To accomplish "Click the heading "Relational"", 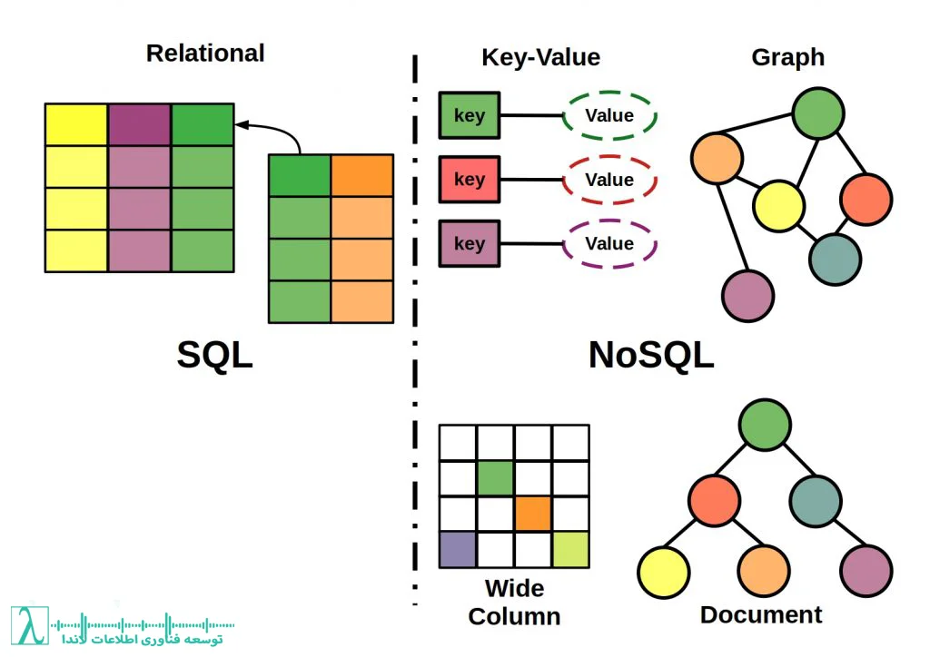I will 205,54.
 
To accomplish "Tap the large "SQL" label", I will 214,355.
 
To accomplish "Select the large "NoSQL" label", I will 650,355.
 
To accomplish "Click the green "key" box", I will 469,116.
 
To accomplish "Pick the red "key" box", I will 469,180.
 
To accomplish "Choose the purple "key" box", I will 469,243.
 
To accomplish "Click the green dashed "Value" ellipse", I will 609,116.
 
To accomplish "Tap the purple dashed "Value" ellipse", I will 609,243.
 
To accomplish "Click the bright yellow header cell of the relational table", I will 76,124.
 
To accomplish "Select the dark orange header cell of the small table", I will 361,175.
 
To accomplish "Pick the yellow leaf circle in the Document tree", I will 663,572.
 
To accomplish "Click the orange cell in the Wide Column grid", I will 533,515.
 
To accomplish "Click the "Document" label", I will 761,614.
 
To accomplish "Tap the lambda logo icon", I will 31,625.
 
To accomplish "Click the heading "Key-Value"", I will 540,57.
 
